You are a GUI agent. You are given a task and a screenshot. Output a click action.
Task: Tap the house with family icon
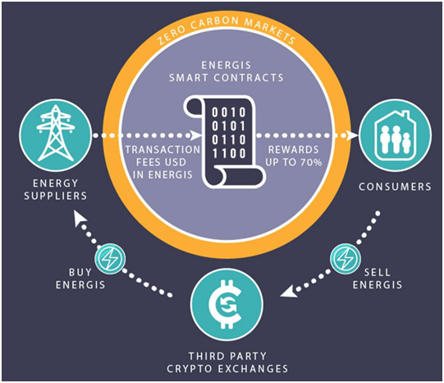coord(396,136)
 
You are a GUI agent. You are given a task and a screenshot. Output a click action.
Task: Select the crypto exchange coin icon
coord(227,304)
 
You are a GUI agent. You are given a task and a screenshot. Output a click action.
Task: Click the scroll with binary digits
coord(225,142)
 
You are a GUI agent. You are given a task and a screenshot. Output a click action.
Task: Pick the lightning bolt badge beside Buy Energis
coord(110,259)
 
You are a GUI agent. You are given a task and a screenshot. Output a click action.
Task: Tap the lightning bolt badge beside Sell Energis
coord(346,259)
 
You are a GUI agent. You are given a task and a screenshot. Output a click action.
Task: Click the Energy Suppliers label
coord(56,189)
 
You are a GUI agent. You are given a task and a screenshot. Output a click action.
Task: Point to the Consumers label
coord(395,187)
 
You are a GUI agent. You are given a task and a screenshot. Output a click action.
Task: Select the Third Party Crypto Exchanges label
coord(227,362)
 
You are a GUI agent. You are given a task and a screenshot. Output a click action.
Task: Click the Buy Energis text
coord(80,279)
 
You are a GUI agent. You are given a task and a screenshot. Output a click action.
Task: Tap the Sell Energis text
coord(378,279)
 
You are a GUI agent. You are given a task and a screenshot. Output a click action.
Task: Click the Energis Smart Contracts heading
coord(227,72)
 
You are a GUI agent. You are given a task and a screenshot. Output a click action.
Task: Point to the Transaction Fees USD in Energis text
coord(162,162)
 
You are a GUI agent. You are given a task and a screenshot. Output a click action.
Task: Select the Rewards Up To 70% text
coord(294,155)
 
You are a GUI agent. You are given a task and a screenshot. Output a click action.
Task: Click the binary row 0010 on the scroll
coord(229,113)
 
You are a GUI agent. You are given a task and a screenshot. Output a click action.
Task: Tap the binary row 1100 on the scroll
coord(229,154)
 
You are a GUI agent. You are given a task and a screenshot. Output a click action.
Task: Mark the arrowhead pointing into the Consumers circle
coord(352,136)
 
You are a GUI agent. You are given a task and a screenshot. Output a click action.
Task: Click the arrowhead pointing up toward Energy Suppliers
coord(80,219)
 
